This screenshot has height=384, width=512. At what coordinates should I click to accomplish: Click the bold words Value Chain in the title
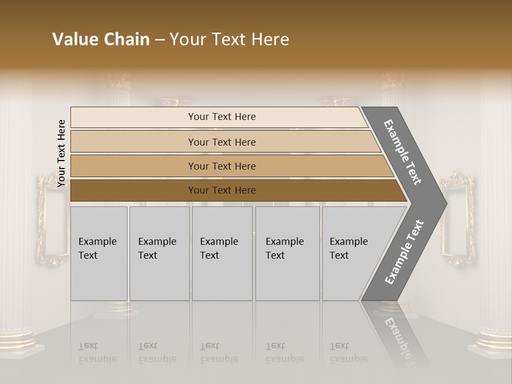tap(101, 39)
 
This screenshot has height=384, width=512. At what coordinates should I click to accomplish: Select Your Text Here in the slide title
tap(229, 39)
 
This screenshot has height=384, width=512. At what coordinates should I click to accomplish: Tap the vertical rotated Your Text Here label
tap(61, 153)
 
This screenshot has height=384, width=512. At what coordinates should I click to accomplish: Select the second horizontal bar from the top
tap(222, 142)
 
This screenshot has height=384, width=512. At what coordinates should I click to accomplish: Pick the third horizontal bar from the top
tap(222, 166)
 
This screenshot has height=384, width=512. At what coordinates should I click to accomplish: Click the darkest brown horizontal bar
tap(222, 190)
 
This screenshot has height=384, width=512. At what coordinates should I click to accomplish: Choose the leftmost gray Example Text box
tap(99, 253)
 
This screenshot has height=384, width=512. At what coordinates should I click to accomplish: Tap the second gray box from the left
tap(159, 253)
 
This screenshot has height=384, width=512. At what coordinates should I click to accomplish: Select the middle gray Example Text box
tap(222, 253)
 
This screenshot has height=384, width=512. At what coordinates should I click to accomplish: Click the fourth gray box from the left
tap(287, 253)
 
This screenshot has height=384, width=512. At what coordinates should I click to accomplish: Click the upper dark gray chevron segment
tap(403, 152)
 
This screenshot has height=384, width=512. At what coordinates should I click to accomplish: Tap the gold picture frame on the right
tap(457, 219)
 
